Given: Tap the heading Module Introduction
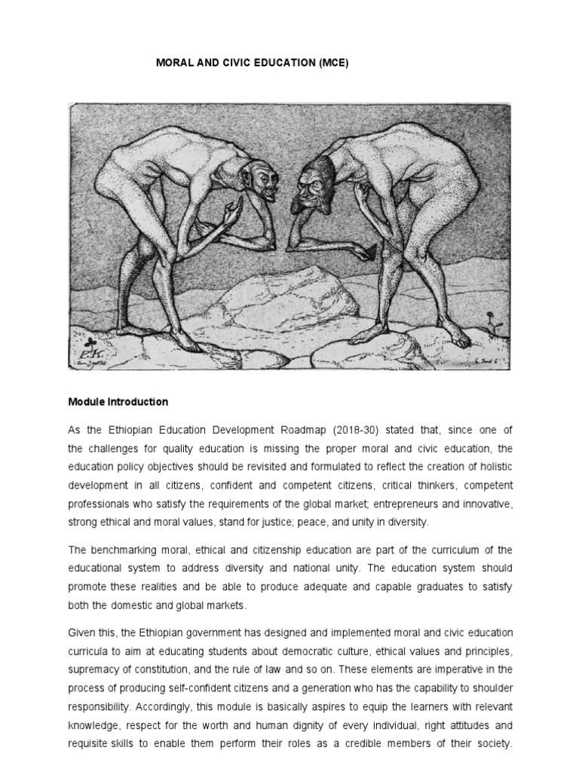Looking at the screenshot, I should point(118,402).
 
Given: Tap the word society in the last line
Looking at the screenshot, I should point(494,742).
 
